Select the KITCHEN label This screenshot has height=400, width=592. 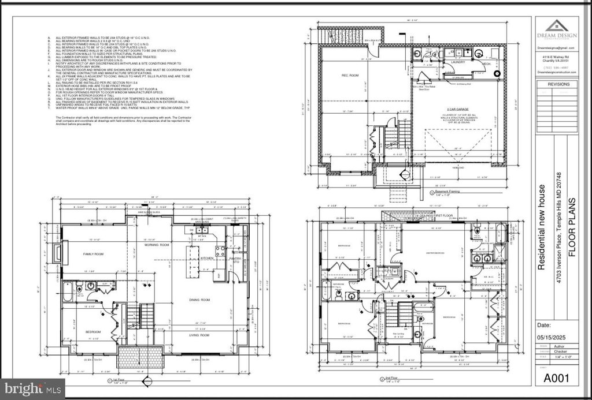[x=208, y=258]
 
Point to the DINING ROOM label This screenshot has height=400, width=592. [x=198, y=300]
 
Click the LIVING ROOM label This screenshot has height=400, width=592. [x=198, y=334]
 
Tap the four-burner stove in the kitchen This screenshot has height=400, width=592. [x=220, y=251]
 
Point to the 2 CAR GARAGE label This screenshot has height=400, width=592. [x=456, y=109]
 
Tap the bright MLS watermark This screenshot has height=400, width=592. [x=32, y=388]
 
